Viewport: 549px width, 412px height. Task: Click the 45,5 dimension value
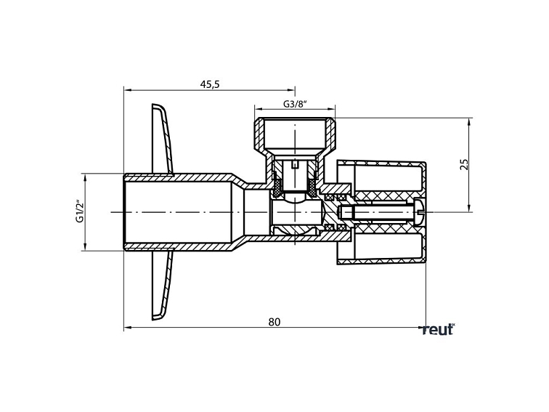click(209, 84)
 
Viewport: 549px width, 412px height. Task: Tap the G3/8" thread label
click(296, 105)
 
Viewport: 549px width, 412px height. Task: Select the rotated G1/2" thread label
click(81, 211)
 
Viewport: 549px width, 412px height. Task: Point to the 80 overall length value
click(274, 321)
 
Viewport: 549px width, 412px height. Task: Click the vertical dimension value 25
click(465, 164)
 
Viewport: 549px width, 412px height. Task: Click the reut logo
click(438, 330)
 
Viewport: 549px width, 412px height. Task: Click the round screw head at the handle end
click(418, 211)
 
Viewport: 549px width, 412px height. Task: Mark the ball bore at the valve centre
click(295, 211)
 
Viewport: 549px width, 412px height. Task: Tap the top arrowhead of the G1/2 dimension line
click(85, 177)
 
